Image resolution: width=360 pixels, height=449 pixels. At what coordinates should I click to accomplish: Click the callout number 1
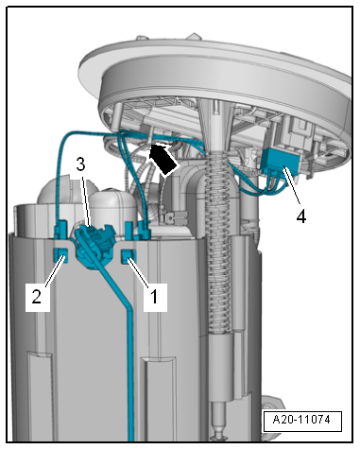[154, 297]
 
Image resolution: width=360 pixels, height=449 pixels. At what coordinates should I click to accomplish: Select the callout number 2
[37, 297]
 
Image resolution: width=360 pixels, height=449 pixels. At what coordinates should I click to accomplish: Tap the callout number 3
[80, 164]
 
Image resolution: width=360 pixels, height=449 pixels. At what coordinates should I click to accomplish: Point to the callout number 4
[301, 216]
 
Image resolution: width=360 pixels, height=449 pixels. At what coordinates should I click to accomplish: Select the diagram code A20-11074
[301, 420]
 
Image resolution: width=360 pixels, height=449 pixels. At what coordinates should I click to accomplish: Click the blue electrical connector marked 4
[280, 162]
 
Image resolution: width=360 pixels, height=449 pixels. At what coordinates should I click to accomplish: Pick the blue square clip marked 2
[60, 254]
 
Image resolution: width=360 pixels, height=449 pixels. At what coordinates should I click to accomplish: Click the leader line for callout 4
[292, 187]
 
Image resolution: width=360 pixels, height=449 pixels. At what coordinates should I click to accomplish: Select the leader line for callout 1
[138, 272]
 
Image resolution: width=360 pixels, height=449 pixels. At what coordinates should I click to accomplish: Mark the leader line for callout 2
[56, 271]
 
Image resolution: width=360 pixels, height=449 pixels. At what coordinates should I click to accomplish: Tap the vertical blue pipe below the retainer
[130, 371]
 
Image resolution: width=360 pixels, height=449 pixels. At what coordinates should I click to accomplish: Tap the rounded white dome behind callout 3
[112, 205]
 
